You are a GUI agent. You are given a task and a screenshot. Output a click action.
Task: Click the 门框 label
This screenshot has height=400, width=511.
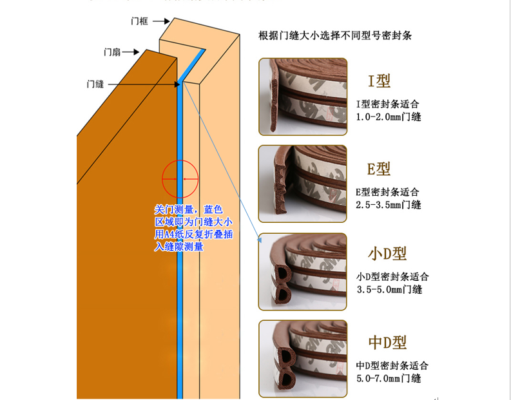point(139,21)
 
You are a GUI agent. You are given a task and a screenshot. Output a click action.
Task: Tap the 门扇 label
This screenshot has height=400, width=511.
point(112,52)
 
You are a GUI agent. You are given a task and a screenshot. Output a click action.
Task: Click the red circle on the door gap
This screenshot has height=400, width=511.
point(179,178)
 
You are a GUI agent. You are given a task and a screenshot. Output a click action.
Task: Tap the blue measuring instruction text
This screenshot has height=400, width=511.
point(190,228)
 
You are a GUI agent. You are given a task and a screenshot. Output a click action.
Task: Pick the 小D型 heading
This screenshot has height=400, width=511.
point(387,254)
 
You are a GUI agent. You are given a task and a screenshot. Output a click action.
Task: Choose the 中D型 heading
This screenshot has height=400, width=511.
point(387,341)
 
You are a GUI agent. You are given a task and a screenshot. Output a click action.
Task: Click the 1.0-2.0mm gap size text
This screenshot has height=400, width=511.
point(389,117)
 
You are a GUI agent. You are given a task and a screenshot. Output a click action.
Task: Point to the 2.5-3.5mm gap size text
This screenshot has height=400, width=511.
point(389,205)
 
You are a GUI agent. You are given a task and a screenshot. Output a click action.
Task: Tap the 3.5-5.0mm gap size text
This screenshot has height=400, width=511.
point(389,289)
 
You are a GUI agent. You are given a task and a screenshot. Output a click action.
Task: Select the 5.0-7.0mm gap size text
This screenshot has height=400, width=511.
point(389,378)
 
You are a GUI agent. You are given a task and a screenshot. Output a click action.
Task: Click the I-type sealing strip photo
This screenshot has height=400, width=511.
point(303,97)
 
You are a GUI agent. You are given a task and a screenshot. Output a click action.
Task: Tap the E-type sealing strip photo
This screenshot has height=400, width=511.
point(303,183)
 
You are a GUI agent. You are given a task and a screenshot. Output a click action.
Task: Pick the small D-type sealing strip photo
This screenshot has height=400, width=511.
point(303,271)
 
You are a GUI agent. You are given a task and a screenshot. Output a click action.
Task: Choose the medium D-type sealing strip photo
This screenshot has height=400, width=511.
point(303,356)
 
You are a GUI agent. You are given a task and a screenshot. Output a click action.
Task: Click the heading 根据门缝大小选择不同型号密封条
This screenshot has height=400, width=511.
point(334,35)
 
